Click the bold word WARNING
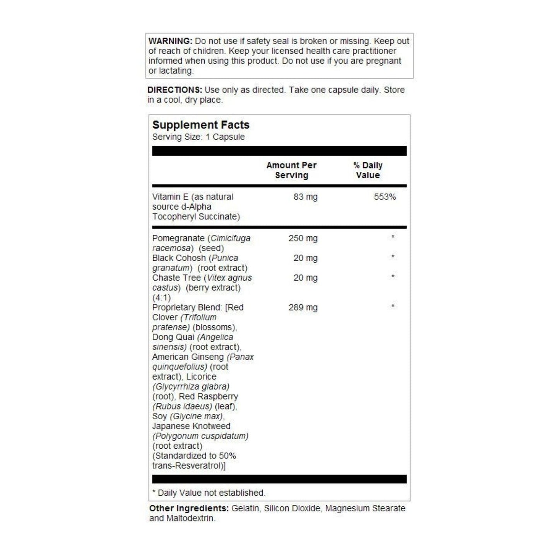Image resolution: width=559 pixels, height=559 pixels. (x=170, y=41)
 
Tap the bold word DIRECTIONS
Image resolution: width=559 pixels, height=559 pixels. (x=174, y=90)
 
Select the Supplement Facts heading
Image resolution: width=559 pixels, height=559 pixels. (x=201, y=125)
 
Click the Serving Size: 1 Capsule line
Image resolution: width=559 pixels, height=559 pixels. (x=198, y=137)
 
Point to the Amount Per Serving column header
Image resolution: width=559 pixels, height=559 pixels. (x=291, y=170)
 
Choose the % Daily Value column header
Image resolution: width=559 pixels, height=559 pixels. (x=368, y=170)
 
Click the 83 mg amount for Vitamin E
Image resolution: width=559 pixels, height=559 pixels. (x=305, y=197)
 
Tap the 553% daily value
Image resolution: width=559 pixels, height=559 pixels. (x=385, y=197)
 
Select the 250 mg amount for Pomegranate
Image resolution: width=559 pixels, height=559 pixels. (x=303, y=238)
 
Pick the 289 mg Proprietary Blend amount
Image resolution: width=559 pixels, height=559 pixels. (x=303, y=308)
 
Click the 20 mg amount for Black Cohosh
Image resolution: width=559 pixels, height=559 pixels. (x=305, y=258)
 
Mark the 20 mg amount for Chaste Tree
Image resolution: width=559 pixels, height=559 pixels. (x=305, y=278)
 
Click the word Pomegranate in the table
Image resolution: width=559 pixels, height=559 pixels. (x=178, y=238)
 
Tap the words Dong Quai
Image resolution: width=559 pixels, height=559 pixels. (x=173, y=337)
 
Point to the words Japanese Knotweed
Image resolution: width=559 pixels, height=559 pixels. (x=191, y=426)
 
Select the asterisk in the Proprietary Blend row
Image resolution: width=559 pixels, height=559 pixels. (x=393, y=306)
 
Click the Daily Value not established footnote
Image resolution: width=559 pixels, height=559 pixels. (x=209, y=493)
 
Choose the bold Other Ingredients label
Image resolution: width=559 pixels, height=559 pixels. (x=189, y=508)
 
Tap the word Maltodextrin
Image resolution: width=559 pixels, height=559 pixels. (x=190, y=518)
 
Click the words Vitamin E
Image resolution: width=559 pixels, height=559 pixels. (x=170, y=197)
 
